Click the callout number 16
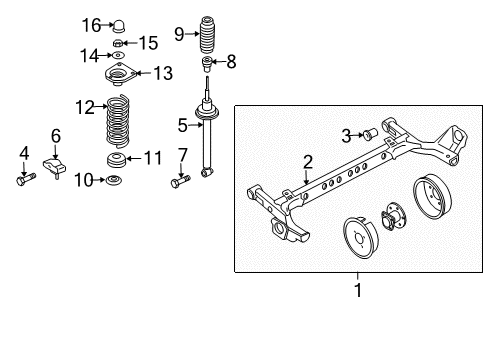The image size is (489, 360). tap(91, 24)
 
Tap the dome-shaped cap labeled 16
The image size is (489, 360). tap(121, 24)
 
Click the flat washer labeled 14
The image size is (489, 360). tap(119, 55)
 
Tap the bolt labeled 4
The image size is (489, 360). tap(24, 181)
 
